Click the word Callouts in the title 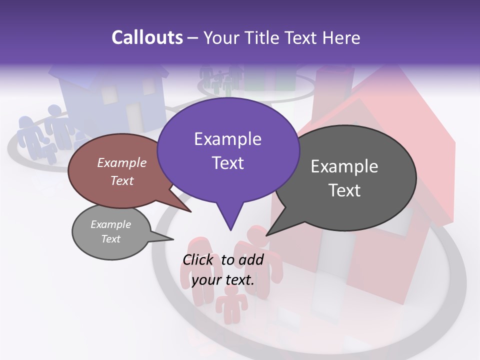pos(147,37)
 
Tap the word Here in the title pos(342,37)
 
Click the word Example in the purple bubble pos(227,139)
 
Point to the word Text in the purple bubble pos(227,163)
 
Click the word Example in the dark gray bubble pos(344,166)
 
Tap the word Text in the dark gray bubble pos(344,190)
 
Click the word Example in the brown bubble pos(122,163)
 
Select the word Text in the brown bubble pos(122,181)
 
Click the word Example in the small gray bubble pos(111,225)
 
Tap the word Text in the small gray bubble pos(111,239)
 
